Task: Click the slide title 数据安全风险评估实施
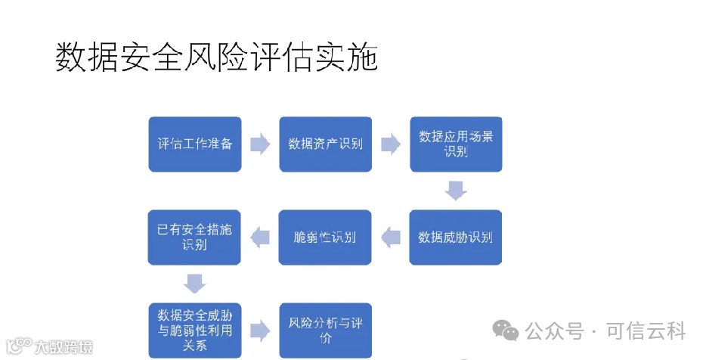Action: (216, 57)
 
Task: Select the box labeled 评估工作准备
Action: (195, 144)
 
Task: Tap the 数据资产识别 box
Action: (326, 144)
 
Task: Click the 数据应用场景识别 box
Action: (456, 144)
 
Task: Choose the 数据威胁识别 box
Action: (456, 237)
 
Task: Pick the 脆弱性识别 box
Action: (326, 237)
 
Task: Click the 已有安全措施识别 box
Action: (195, 237)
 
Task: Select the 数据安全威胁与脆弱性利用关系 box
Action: (195, 330)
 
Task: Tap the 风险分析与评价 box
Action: (326, 330)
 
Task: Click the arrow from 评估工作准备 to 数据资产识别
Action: (260, 144)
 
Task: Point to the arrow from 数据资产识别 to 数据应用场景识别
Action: (390, 144)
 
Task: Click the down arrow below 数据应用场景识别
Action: (455, 190)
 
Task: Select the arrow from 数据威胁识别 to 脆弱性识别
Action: (390, 237)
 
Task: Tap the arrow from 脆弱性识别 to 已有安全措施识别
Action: (260, 237)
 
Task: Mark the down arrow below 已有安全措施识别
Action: (195, 283)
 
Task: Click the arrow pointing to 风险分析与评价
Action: (260, 330)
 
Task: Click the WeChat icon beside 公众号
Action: (506, 331)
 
